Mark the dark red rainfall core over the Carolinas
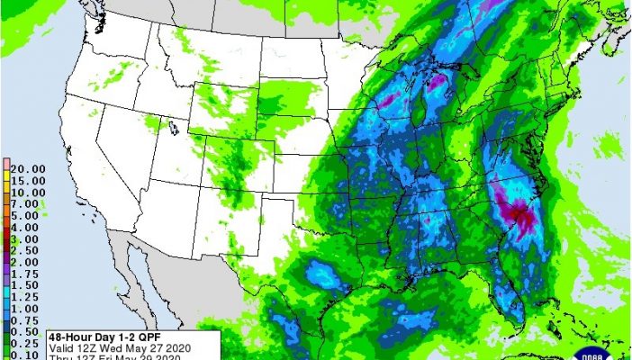520,216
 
